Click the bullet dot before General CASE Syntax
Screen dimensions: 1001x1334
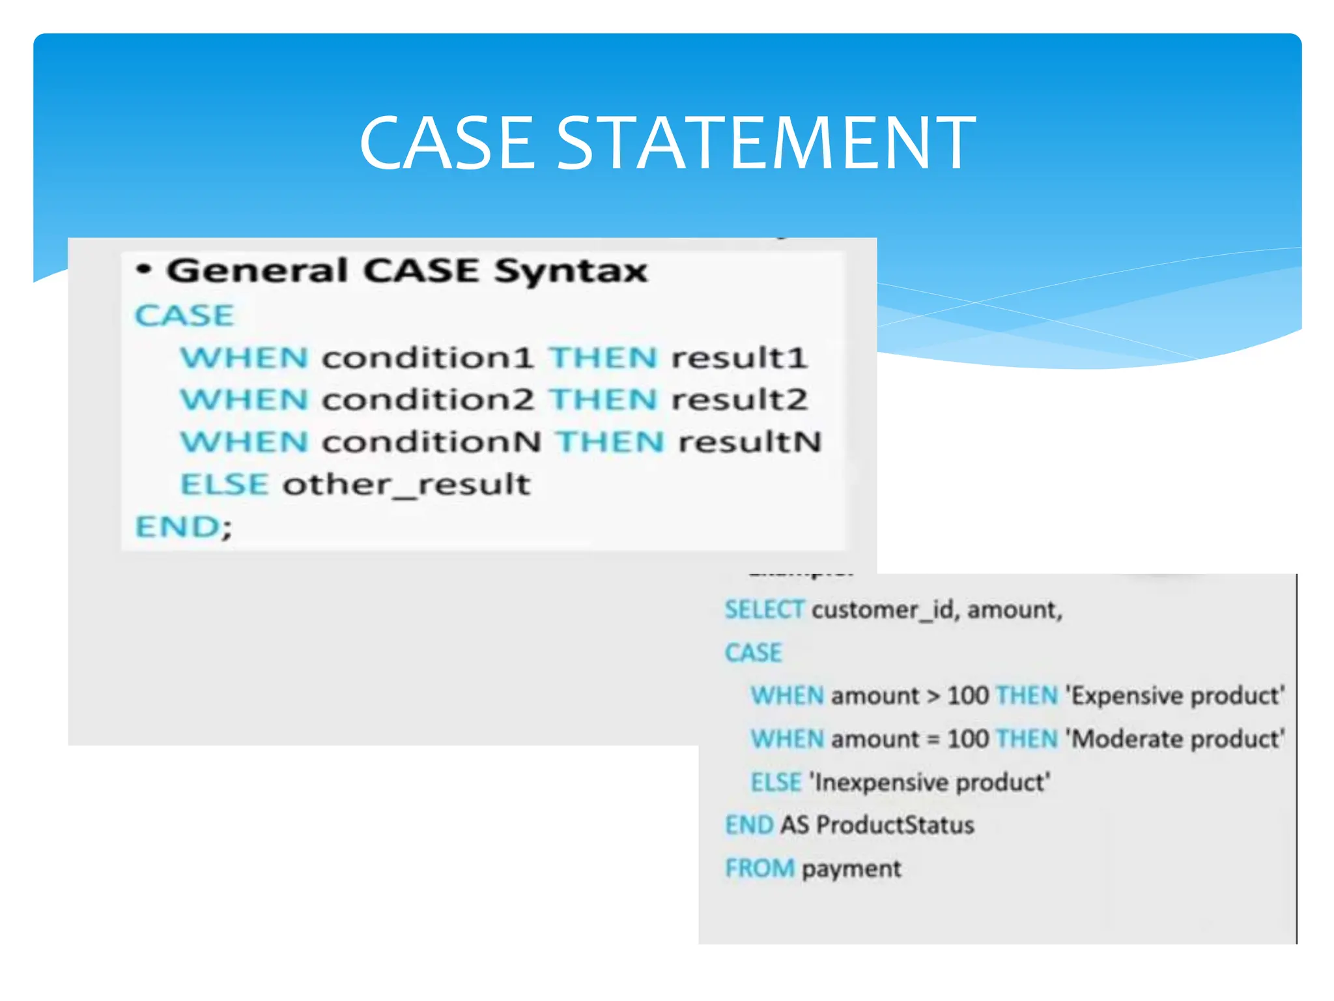coord(145,270)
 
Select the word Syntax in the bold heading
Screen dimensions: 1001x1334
coord(571,271)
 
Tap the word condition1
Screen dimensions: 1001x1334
coord(427,358)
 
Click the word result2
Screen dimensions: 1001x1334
coord(740,399)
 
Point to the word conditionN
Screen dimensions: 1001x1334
coord(431,442)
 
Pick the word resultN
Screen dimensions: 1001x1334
coord(750,442)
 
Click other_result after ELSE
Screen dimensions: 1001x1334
coord(406,485)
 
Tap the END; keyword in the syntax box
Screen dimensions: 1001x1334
coord(183,527)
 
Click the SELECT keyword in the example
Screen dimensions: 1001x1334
coord(764,610)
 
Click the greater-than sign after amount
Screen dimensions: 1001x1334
coord(933,696)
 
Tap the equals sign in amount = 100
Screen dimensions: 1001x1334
coord(933,740)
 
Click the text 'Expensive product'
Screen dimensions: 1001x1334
coord(1175,696)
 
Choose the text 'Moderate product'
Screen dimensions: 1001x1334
coord(1175,739)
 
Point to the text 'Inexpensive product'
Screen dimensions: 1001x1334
coord(930,782)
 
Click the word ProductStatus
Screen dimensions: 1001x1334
coord(895,825)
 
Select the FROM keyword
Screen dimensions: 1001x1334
coord(759,868)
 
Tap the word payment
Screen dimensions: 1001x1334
coord(851,869)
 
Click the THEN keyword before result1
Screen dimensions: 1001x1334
coord(603,358)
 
